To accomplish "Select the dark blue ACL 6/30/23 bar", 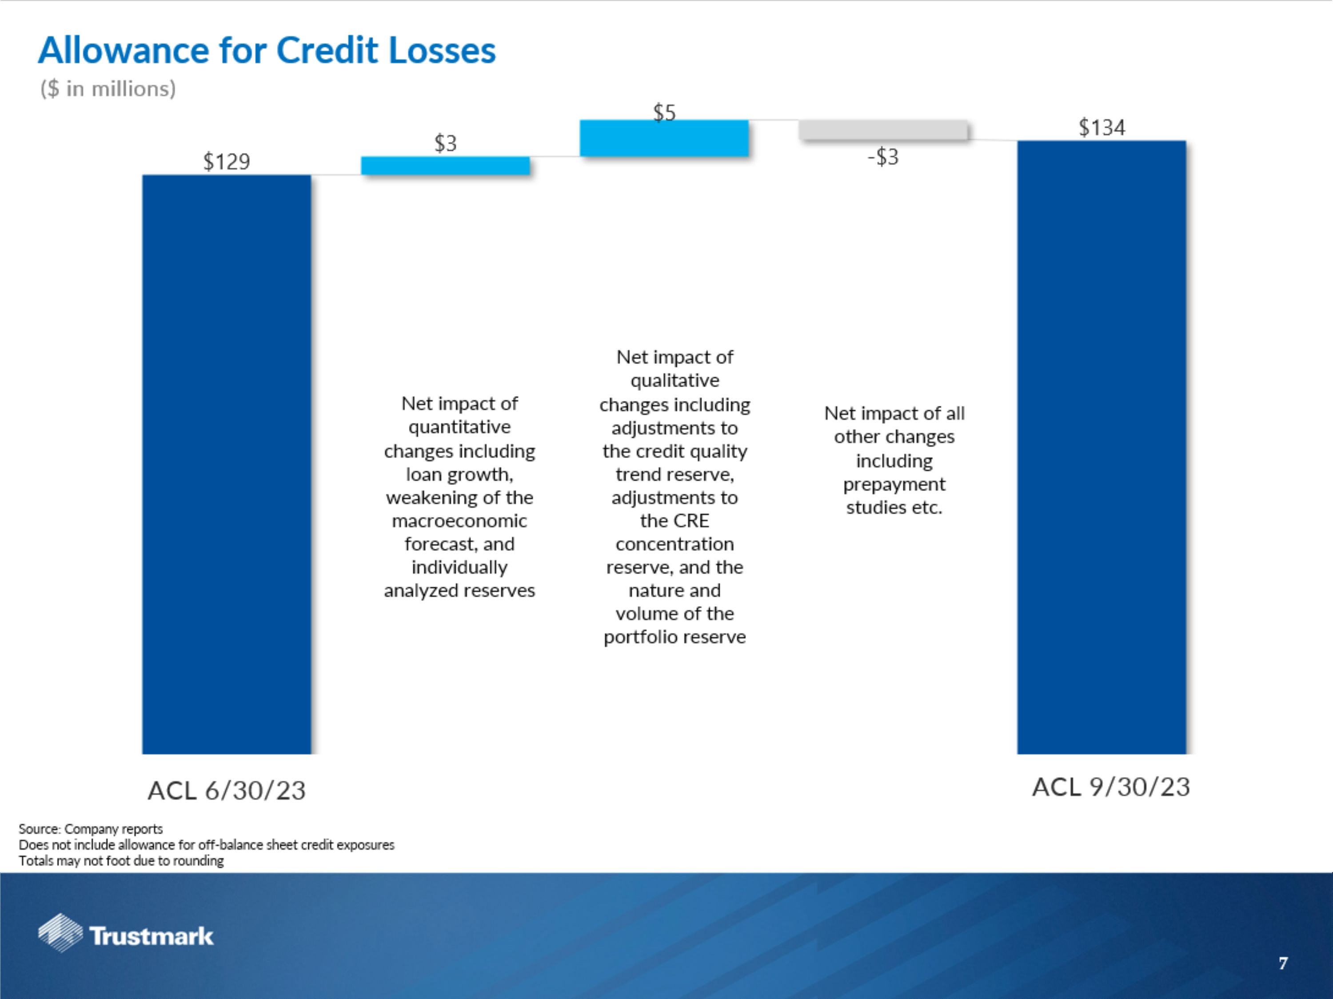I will click(x=227, y=464).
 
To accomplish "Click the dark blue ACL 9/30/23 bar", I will click(x=1102, y=447).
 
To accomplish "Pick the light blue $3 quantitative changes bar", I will click(x=445, y=166).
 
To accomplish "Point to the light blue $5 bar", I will click(x=664, y=138).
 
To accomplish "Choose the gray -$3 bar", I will click(x=883, y=130).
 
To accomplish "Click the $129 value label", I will click(x=227, y=161).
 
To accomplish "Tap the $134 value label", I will click(x=1102, y=128).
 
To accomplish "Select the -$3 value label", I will click(x=883, y=157).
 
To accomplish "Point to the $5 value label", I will click(x=664, y=113).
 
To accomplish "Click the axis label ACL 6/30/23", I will click(x=227, y=791).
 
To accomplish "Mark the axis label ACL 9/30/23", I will click(x=1111, y=787).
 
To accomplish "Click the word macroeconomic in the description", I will click(x=459, y=521).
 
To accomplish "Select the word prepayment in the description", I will click(x=894, y=484).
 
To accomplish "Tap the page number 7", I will click(x=1283, y=963).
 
